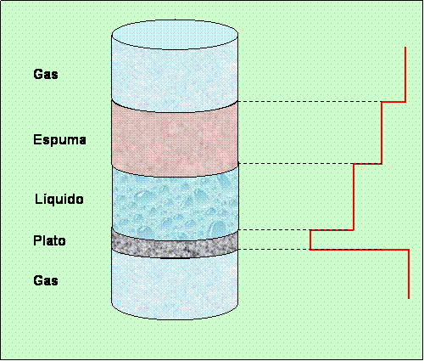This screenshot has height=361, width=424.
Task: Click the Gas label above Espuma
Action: pos(46,74)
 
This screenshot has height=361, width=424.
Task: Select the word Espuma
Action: pos(59,140)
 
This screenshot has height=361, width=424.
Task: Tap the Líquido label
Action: pos(59,199)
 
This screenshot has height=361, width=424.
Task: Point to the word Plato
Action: pos(49,240)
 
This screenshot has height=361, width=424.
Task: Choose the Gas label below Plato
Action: pos(46,280)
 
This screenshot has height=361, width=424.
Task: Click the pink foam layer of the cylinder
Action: pos(175,138)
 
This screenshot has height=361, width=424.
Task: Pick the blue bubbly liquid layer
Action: pos(176,203)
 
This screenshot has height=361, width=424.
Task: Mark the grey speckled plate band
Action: pos(175,244)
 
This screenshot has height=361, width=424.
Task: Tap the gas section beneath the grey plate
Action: pos(175,286)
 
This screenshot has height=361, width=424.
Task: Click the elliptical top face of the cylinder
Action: pos(175,35)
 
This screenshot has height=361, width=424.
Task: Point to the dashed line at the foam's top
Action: pos(310,101)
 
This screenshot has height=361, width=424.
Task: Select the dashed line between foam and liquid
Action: pos(296,163)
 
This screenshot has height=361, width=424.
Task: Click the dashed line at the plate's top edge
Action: pos(274,229)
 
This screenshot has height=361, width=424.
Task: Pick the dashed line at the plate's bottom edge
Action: pos(274,249)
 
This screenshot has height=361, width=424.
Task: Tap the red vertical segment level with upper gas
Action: pos(405,74)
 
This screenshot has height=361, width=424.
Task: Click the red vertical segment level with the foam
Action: pos(382,133)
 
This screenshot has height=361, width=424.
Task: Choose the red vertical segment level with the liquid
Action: pos(354,197)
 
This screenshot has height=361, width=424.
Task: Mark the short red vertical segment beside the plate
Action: pos(310,240)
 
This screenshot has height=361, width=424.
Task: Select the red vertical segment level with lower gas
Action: pos(409,274)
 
